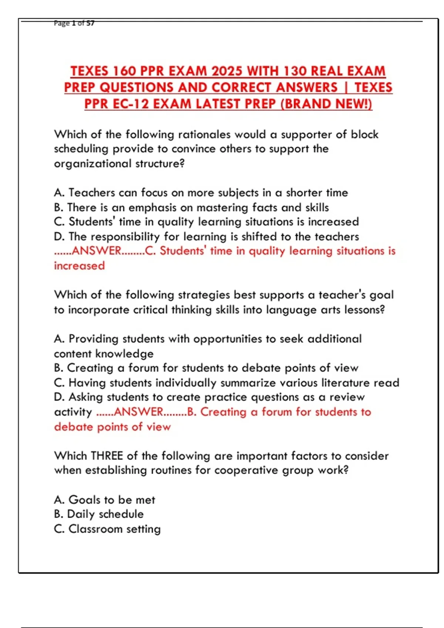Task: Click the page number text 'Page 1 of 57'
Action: click(74, 23)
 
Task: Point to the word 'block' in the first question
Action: click(364, 134)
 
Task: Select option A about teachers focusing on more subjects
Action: click(201, 192)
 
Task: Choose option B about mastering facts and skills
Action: click(191, 207)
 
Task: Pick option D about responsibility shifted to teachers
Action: click(206, 236)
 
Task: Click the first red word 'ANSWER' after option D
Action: click(97, 251)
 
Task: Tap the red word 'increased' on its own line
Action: click(80, 266)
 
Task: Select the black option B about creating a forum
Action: click(206, 368)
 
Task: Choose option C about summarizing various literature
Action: click(226, 383)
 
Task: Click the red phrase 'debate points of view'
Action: click(112, 427)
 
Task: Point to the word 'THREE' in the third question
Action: click(107, 456)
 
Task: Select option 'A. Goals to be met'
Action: click(105, 500)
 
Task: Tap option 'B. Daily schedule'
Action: click(99, 514)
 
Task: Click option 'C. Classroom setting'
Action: click(107, 529)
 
